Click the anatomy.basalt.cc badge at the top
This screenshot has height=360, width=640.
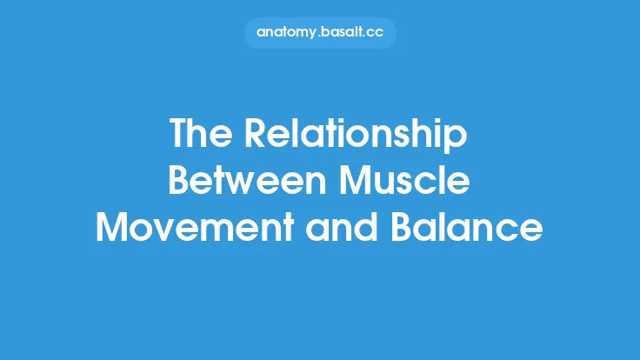(320, 33)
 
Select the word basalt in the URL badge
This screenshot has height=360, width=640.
(343, 33)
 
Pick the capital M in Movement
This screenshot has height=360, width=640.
(112, 228)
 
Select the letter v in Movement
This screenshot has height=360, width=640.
(164, 230)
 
